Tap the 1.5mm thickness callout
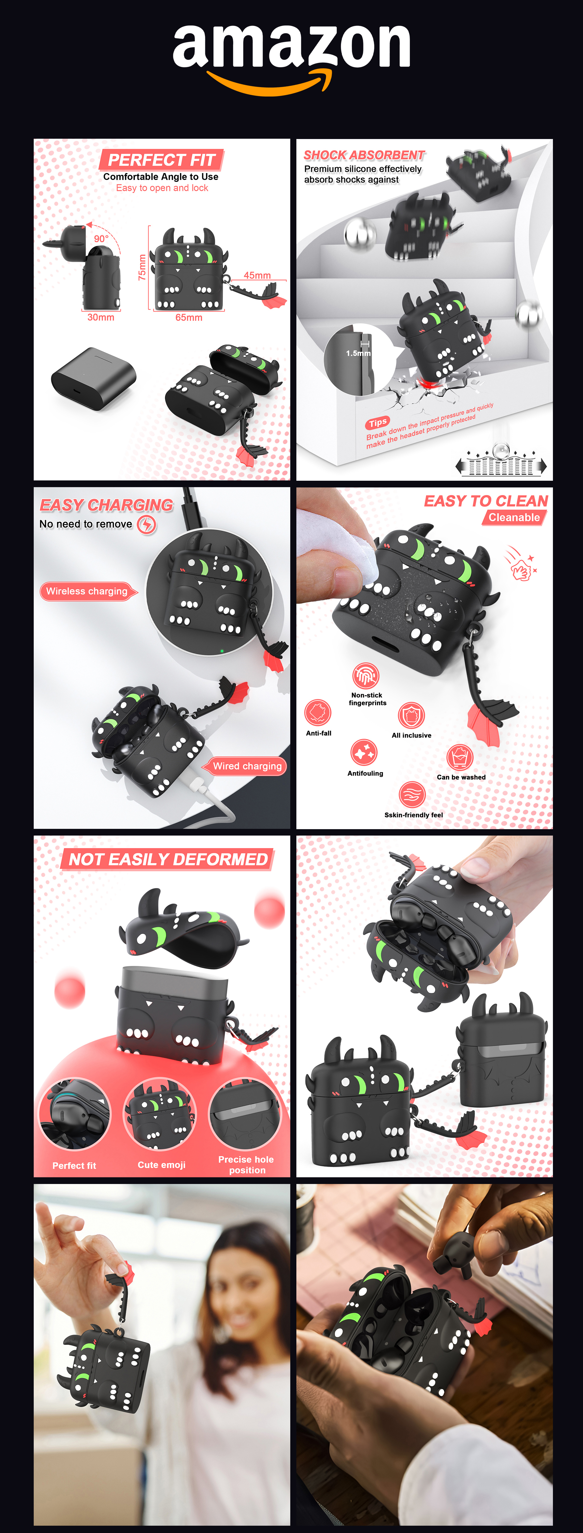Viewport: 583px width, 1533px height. (x=358, y=353)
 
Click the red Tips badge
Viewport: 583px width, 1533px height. (x=377, y=422)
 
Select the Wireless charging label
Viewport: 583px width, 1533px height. (x=87, y=591)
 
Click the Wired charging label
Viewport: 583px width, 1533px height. (x=247, y=766)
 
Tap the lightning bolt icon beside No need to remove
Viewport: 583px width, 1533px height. (x=146, y=524)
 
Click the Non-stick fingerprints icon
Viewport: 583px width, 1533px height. (x=366, y=675)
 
